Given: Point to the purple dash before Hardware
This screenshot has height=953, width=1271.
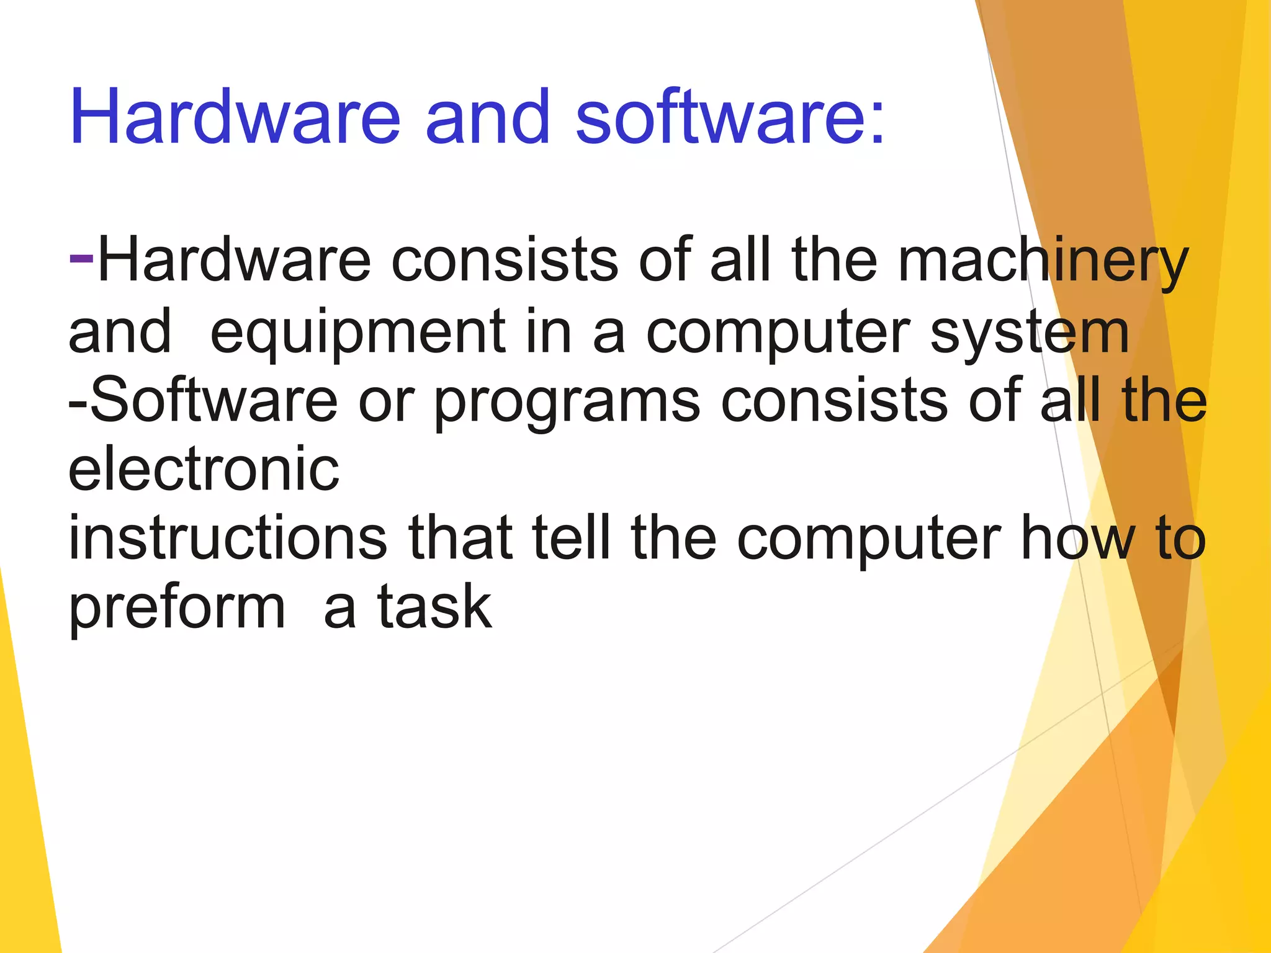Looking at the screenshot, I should (81, 256).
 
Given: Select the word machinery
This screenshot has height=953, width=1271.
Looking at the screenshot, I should (1043, 262).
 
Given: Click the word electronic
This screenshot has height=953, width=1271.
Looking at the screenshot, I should (204, 469).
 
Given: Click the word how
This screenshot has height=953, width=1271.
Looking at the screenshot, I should (1077, 538).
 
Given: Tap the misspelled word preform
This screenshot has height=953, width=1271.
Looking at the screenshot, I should (177, 608).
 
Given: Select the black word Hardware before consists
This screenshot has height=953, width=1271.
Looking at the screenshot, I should (235, 261).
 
